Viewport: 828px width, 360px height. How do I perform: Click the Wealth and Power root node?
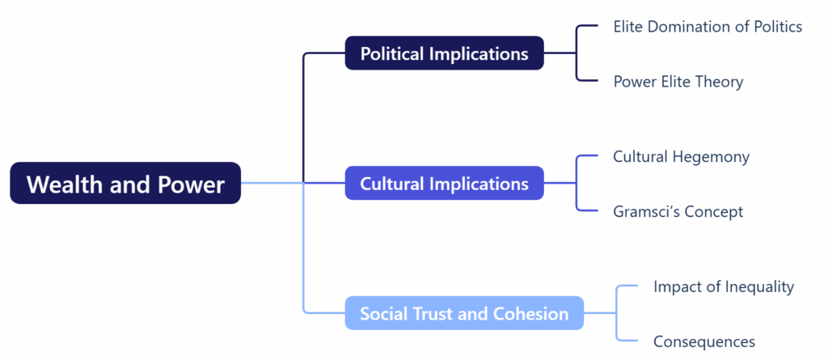pos(125,184)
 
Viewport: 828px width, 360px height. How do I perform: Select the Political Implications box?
pos(444,53)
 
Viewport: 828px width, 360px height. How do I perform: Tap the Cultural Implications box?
pos(444,184)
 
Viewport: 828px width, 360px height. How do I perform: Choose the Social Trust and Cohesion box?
pos(464,313)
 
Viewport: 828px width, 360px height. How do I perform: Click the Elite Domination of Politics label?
pos(708,27)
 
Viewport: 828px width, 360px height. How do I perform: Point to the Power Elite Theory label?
pos(678,82)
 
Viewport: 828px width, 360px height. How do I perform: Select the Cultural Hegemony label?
pos(681,156)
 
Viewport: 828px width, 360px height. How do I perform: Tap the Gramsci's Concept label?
pos(678,212)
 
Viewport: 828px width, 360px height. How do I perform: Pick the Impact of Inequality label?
pos(724,286)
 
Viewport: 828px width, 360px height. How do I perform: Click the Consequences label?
pos(704,341)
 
